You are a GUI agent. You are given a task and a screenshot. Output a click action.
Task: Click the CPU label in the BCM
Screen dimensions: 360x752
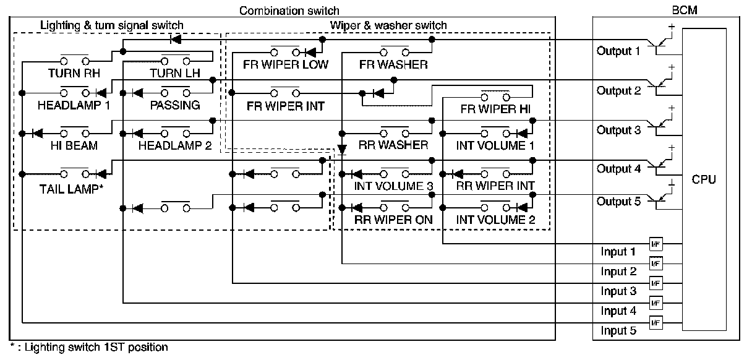tap(704, 180)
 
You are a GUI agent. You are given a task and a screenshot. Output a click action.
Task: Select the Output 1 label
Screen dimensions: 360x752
tap(618, 51)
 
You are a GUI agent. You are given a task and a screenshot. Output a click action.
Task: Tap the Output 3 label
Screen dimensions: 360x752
tap(618, 131)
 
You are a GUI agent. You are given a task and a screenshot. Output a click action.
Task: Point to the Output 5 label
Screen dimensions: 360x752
tap(618, 202)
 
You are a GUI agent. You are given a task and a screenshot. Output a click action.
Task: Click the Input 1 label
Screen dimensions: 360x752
tap(618, 252)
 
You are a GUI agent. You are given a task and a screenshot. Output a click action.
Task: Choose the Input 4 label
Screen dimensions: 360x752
tap(618, 311)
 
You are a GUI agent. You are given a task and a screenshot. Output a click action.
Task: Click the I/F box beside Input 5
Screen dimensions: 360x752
tap(656, 322)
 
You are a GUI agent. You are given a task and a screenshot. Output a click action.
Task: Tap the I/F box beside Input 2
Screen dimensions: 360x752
tap(656, 264)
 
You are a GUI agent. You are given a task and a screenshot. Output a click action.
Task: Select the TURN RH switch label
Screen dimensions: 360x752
tap(74, 73)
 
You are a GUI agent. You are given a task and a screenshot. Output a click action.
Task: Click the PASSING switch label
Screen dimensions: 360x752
tap(175, 105)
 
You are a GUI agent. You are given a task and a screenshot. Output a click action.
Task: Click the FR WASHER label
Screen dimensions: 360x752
tap(393, 64)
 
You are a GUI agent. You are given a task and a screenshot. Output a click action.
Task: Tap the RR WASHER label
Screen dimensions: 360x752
tap(393, 145)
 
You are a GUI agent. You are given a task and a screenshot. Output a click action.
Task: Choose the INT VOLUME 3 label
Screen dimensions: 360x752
tap(393, 185)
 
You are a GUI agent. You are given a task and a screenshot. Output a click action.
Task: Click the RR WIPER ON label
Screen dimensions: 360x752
tap(393, 219)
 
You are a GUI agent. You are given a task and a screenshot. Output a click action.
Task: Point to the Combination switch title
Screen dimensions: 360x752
tap(289, 11)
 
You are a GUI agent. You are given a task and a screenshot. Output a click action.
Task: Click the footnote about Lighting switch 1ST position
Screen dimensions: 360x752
tap(88, 348)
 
